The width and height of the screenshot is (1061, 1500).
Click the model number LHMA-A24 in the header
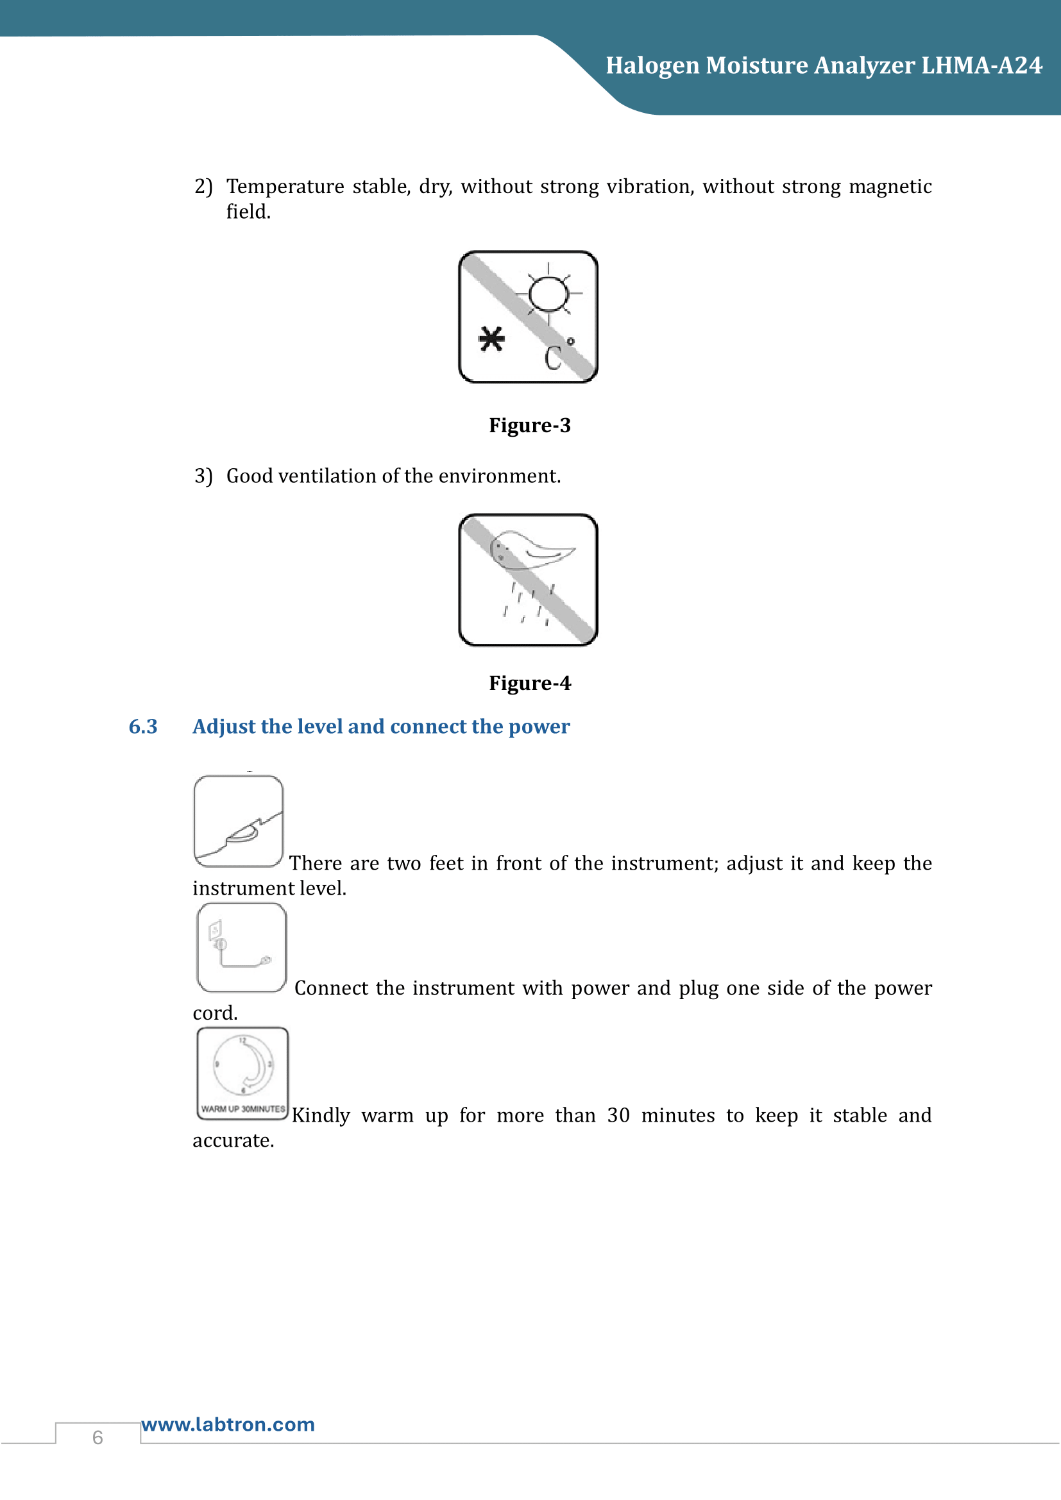tap(981, 65)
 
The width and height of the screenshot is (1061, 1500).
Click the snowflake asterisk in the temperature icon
tap(491, 339)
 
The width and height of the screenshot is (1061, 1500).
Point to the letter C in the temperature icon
tap(553, 358)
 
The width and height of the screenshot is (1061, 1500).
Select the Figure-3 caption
tap(530, 425)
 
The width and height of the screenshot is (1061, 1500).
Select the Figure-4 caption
tap(530, 684)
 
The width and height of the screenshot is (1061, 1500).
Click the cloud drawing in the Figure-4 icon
tap(530, 550)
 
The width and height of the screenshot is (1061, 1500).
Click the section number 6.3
tap(143, 727)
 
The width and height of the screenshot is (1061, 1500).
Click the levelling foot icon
tap(239, 822)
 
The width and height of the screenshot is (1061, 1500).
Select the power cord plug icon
tap(241, 948)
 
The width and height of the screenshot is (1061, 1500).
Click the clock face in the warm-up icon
tap(243, 1065)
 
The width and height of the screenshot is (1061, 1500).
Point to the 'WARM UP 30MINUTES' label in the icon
tap(243, 1109)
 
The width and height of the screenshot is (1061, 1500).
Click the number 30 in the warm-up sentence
tap(618, 1115)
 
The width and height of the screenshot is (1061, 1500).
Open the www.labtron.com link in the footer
tap(228, 1424)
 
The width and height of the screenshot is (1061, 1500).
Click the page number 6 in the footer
tap(98, 1437)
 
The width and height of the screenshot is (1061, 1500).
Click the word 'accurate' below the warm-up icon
tap(232, 1141)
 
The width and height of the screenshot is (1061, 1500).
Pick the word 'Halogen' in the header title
tap(652, 65)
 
